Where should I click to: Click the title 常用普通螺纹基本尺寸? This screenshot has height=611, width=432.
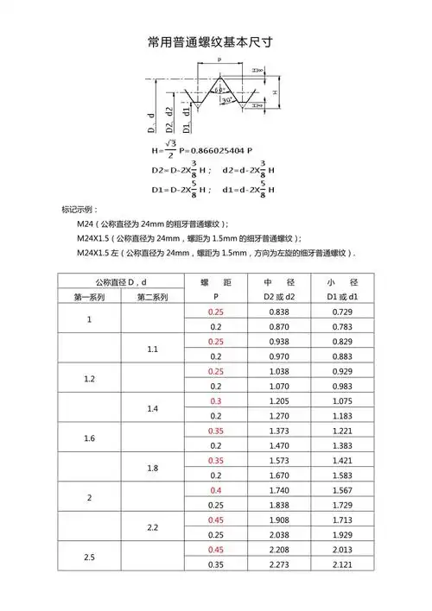[216, 42]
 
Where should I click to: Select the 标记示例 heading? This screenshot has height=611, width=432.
[79, 211]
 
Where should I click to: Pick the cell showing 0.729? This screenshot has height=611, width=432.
[342, 312]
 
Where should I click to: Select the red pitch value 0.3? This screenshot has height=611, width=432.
[215, 400]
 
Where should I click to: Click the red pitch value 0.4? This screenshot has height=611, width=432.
[215, 489]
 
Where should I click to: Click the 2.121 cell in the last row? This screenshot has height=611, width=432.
[342, 564]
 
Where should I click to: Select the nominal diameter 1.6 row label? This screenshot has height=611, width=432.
[90, 438]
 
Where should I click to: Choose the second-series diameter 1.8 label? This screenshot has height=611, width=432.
[153, 468]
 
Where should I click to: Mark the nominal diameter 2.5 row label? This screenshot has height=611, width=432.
[90, 557]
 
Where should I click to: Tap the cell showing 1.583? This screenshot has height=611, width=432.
[342, 475]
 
